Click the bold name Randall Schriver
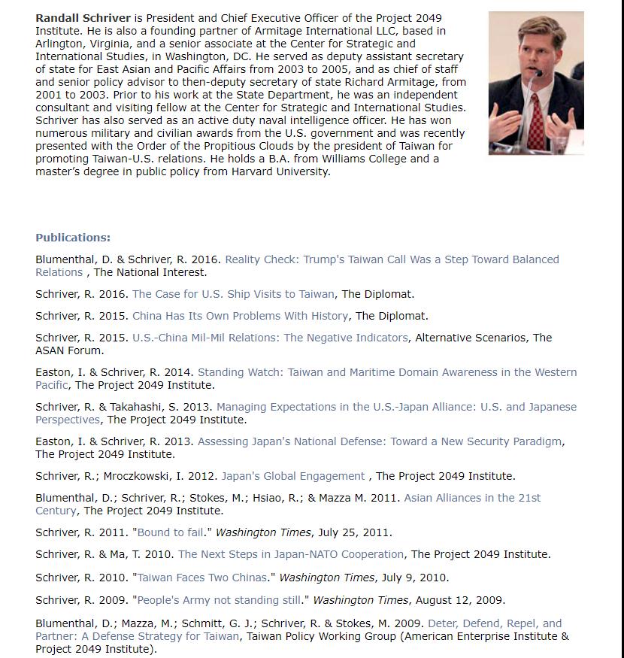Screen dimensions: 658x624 (83, 18)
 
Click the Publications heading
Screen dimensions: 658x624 (73, 238)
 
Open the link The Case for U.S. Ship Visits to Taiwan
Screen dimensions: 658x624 (233, 294)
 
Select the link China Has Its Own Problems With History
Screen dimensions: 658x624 (240, 316)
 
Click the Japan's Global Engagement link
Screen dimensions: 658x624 (292, 476)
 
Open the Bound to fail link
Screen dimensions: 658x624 (171, 532)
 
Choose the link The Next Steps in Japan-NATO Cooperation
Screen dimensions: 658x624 (290, 554)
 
